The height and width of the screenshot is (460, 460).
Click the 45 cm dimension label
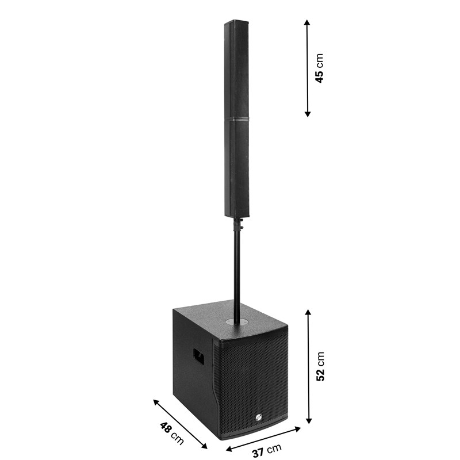320,68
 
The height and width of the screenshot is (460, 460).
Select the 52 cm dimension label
320,366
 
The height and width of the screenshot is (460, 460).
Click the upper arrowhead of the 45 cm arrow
308,22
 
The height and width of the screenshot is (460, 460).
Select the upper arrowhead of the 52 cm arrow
308,312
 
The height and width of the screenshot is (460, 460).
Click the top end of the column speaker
237,22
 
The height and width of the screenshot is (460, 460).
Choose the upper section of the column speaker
237,69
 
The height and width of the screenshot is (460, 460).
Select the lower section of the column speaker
236,167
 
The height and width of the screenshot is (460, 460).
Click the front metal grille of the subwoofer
251,379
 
